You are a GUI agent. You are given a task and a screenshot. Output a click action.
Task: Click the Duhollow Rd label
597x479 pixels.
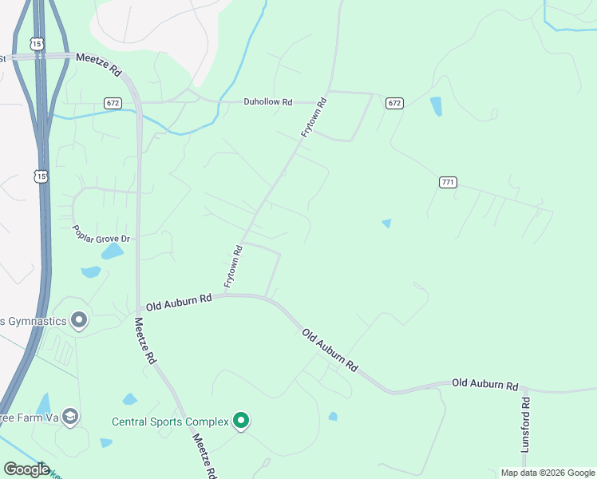coord(268,102)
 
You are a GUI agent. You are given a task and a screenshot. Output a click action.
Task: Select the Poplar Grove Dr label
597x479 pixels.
coord(101,238)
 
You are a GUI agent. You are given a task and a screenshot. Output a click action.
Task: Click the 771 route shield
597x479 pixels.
coord(448,183)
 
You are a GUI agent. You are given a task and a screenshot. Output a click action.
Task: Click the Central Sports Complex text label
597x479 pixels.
coord(169,422)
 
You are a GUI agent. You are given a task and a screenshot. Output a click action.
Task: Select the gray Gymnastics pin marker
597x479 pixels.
coord(78,320)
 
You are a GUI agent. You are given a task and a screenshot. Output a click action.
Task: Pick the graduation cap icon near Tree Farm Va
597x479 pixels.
coord(70,416)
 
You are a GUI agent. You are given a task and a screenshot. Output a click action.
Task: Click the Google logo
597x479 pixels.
coord(26,469)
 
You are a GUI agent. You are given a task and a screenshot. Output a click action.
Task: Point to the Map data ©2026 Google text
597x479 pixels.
coord(547,473)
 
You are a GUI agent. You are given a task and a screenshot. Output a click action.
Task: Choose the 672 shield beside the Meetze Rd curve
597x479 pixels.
coord(113,103)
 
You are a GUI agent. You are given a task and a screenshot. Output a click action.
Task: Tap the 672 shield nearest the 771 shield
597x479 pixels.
coord(394,103)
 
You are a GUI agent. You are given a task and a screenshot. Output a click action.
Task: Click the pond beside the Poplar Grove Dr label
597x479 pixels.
coord(113,253)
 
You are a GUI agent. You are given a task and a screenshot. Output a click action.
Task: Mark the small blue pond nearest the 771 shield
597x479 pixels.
coord(387,224)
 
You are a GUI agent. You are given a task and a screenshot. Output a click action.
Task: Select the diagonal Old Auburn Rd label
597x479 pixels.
coord(329,349)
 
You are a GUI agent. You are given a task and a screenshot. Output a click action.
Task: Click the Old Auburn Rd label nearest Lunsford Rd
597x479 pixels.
coord(485,384)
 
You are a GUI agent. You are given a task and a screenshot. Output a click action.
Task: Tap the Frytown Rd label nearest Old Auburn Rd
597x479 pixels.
coord(233,266)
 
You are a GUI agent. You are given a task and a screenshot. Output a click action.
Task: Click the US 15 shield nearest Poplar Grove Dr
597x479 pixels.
coord(39,175)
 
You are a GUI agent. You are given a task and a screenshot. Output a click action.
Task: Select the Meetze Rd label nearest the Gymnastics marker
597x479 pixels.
coord(144,341)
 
